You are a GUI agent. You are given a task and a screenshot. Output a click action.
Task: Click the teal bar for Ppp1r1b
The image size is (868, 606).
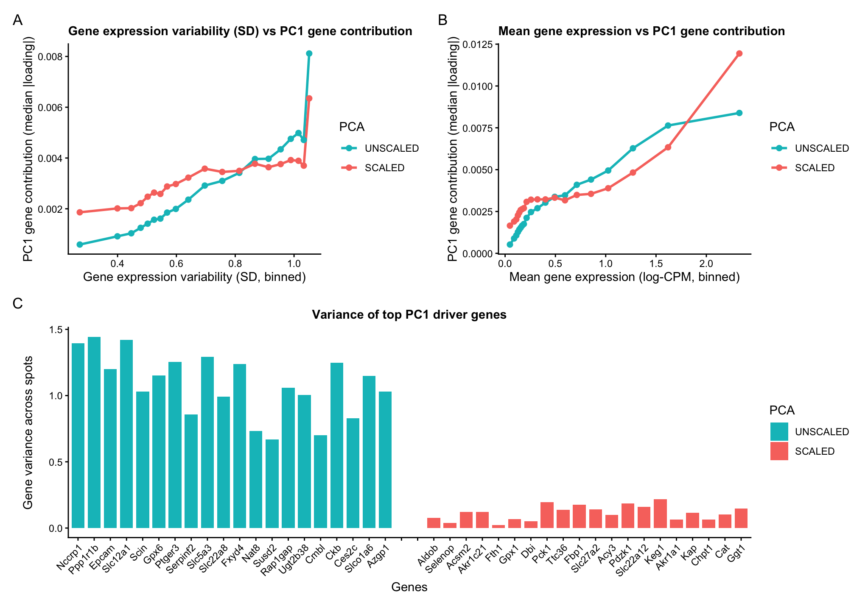point(94,432)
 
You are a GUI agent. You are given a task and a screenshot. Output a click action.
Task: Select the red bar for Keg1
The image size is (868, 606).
point(660,514)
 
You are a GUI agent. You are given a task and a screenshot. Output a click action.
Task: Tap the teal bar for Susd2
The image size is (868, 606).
point(272,484)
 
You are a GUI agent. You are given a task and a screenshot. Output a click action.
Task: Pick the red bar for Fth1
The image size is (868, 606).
point(498,526)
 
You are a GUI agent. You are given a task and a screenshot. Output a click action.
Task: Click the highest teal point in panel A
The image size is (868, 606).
point(309,53)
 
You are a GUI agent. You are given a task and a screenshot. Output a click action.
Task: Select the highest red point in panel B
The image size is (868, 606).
point(739,53)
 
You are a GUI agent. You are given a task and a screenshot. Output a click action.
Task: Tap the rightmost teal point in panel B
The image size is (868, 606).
point(739,113)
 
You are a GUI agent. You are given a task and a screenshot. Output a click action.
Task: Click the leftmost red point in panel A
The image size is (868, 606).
point(79,212)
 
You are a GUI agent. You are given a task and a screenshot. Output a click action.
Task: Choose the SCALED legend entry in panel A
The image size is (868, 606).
point(384,168)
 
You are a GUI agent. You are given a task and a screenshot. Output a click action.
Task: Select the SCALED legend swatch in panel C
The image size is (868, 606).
point(779,451)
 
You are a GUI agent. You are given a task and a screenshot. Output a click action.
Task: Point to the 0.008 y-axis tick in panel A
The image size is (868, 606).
point(50,57)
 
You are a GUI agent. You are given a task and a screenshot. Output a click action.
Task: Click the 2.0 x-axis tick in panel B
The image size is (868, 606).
point(706,263)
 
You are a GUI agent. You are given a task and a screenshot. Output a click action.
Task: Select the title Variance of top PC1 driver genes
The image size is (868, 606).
point(409,314)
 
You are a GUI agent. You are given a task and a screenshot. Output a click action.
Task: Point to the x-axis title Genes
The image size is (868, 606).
point(409,587)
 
